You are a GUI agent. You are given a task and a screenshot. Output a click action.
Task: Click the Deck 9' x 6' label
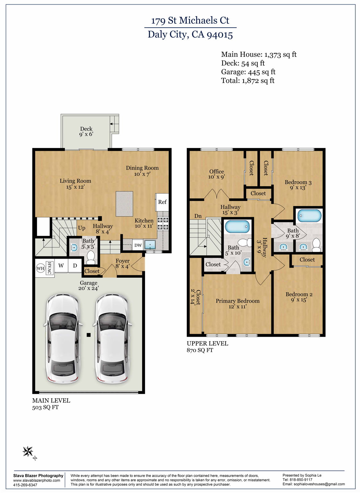click(x=86, y=132)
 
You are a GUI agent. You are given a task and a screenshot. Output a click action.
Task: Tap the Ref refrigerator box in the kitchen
click(x=162, y=202)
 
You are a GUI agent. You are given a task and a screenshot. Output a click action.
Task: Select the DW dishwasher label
click(x=138, y=245)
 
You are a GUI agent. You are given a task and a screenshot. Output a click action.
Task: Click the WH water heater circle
click(x=40, y=268)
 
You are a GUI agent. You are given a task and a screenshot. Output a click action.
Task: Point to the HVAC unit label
click(x=49, y=268)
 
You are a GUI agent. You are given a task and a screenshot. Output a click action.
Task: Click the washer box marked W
click(x=61, y=266)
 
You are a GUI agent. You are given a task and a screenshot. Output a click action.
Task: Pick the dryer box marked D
click(x=75, y=266)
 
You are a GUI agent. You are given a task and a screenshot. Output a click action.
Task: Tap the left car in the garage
click(x=62, y=339)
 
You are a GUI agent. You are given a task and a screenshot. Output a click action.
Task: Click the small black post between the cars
click(x=89, y=335)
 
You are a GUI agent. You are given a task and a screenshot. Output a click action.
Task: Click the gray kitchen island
click(x=124, y=204)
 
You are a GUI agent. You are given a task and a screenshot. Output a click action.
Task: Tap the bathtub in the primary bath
click(x=237, y=227)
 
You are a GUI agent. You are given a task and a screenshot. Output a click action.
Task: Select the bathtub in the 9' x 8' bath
click(x=309, y=216)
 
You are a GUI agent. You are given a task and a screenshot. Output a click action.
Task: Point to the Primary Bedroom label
click(x=237, y=303)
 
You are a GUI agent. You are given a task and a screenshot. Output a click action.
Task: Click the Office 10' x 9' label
click(x=217, y=174)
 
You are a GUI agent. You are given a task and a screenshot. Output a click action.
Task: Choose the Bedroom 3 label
click(x=298, y=185)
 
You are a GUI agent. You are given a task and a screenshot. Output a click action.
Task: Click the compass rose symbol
click(x=28, y=452)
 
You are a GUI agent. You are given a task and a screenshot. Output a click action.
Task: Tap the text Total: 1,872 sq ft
click(x=248, y=81)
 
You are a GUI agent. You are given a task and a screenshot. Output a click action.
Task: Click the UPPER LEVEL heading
click(x=207, y=343)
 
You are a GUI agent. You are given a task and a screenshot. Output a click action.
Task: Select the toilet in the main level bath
click(x=91, y=257)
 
